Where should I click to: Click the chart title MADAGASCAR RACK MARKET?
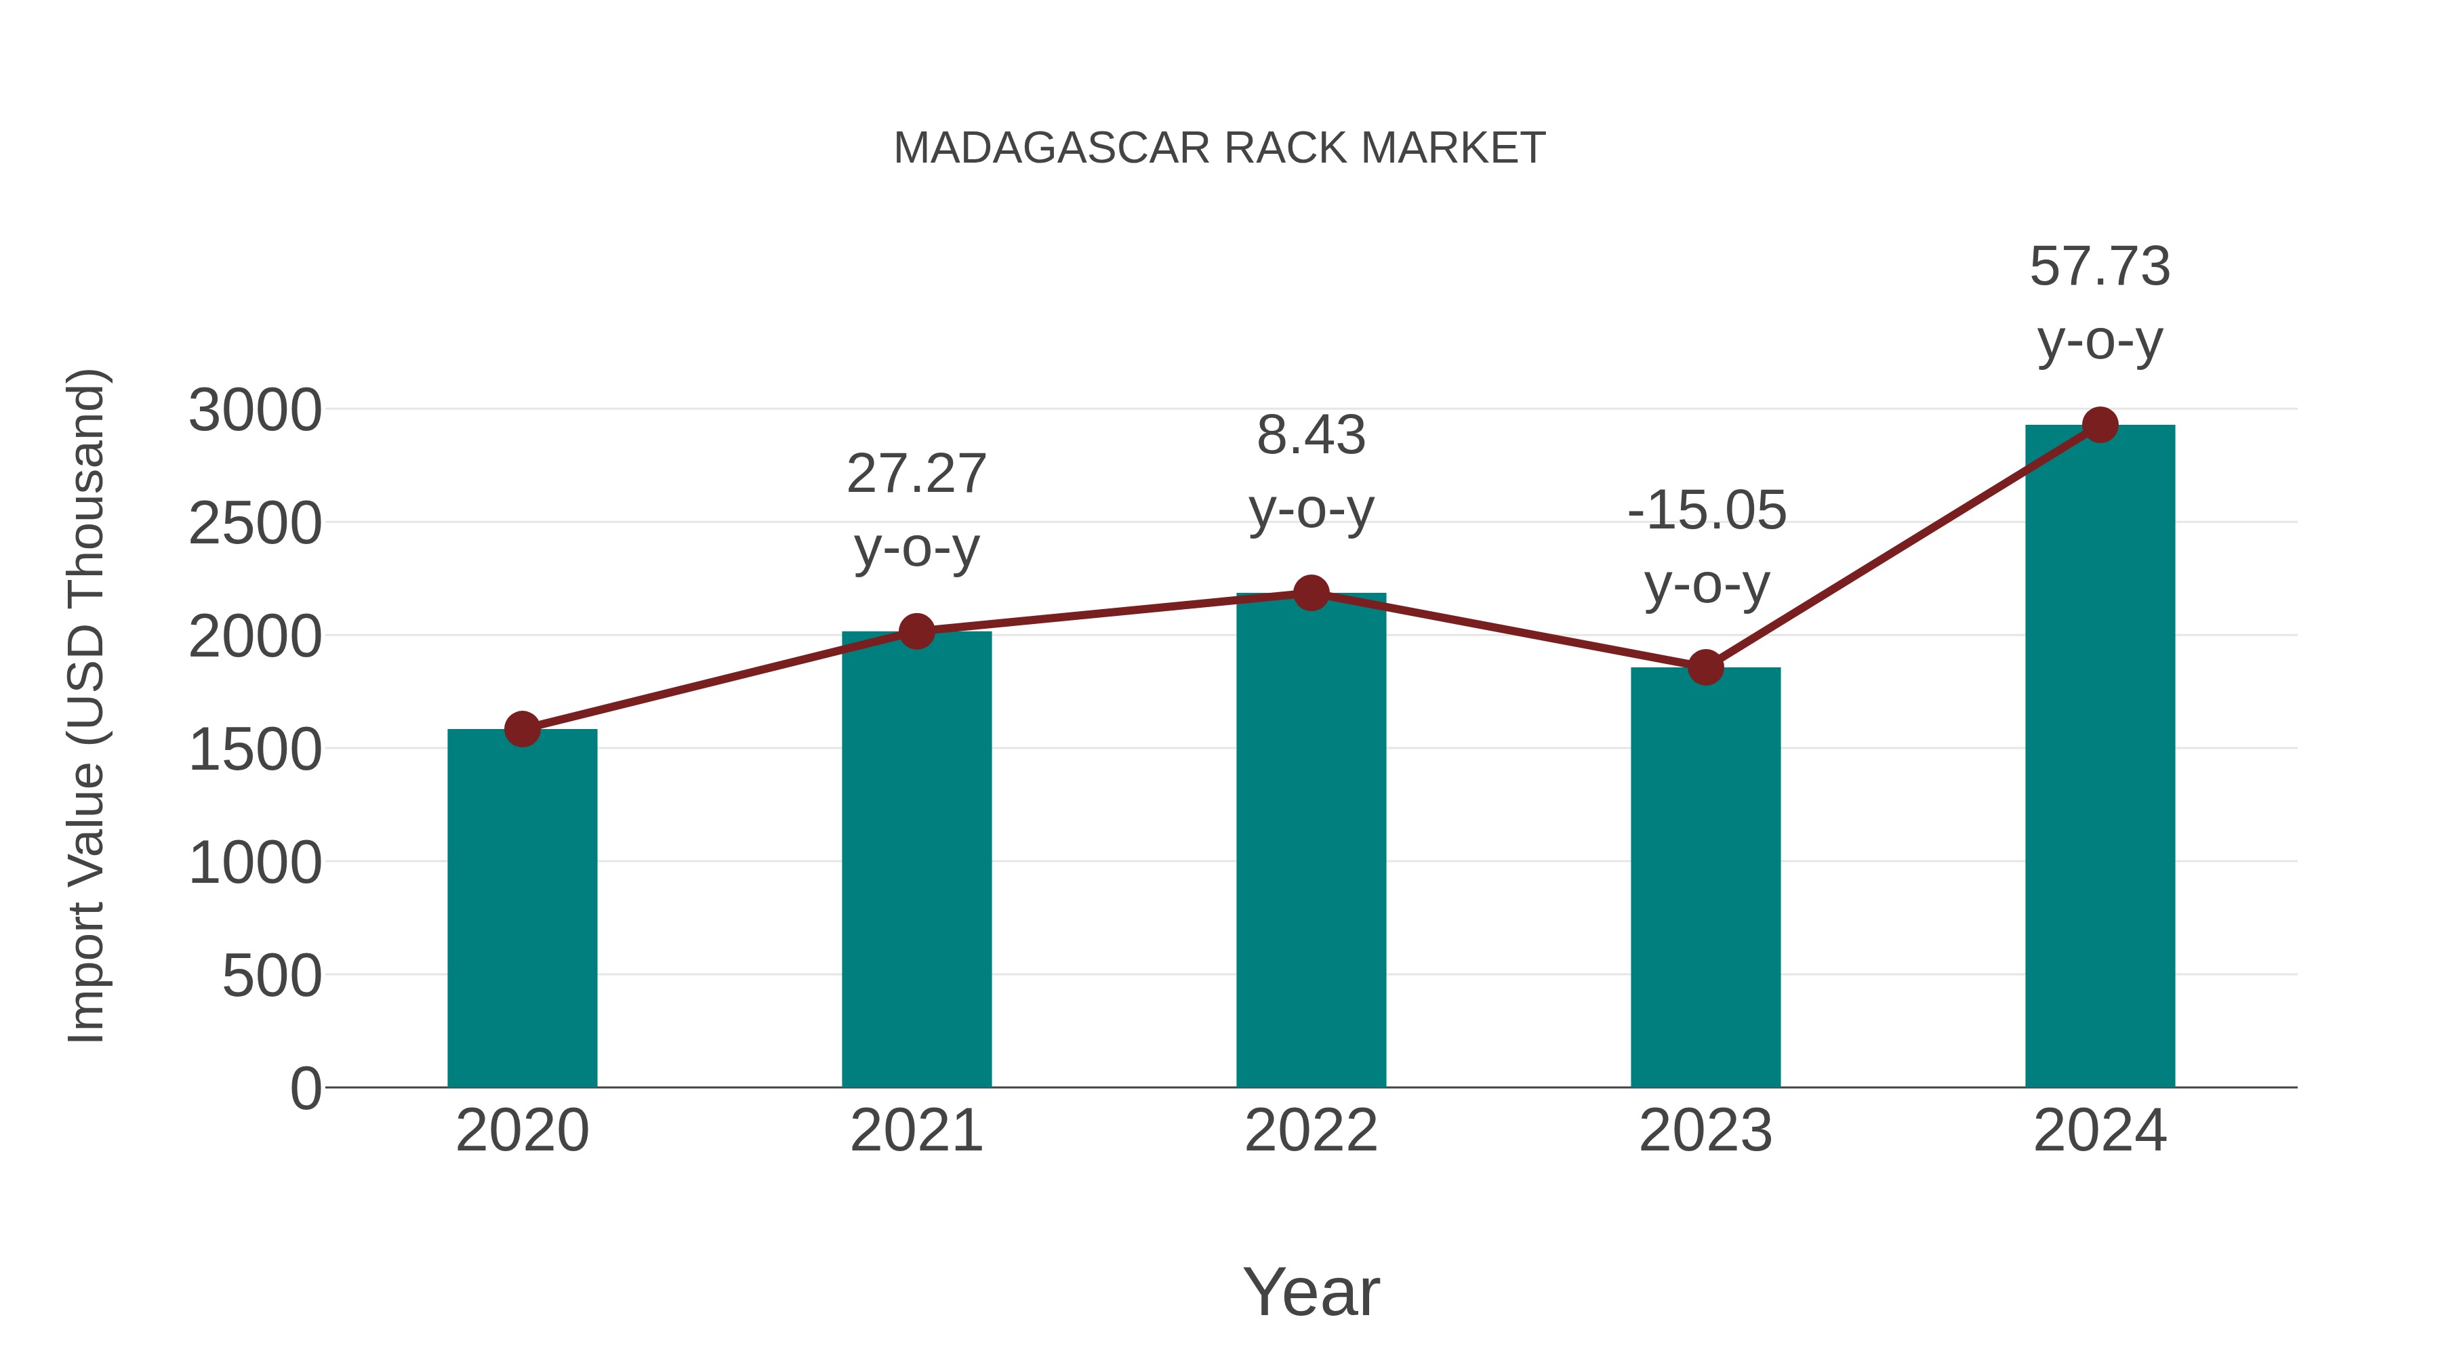point(1219,148)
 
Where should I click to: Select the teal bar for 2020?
point(522,909)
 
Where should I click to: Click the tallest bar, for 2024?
point(2100,757)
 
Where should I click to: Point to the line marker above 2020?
point(522,729)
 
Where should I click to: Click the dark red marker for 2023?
point(1705,667)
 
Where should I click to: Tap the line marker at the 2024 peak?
point(2100,425)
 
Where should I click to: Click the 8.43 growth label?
point(1311,436)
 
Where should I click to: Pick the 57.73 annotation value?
point(2100,267)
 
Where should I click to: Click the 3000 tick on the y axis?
point(255,411)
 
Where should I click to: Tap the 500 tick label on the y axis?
point(272,976)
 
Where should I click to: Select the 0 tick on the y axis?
point(306,1089)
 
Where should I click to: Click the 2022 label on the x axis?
point(1311,1131)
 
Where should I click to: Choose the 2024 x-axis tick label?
point(2100,1131)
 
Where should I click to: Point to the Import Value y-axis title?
point(85,705)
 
